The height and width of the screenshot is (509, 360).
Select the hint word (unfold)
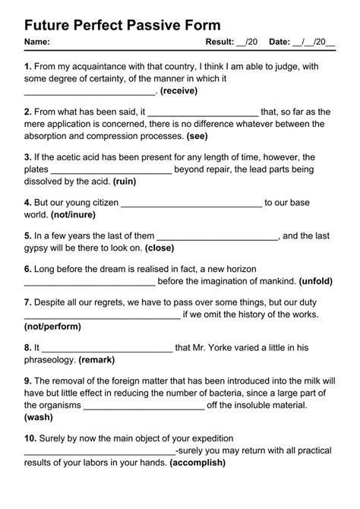(x=315, y=280)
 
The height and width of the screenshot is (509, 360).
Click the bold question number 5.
(x=28, y=236)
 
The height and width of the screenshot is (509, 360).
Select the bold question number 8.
(x=28, y=347)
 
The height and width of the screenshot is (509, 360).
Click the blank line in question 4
(x=191, y=204)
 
